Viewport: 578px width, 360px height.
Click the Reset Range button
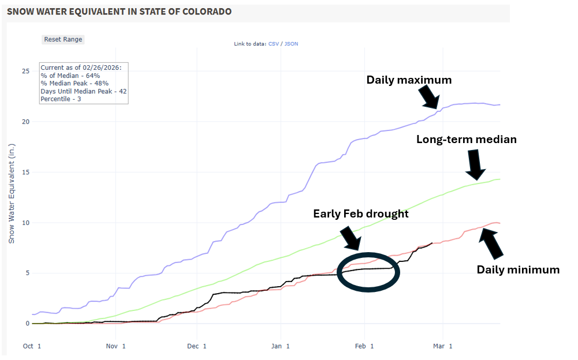[x=64, y=39]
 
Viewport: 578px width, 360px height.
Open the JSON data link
[x=291, y=44]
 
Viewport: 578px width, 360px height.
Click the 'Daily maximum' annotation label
[x=409, y=80]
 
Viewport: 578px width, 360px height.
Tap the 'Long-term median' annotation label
[x=466, y=139]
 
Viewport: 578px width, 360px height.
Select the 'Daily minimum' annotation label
[x=517, y=269]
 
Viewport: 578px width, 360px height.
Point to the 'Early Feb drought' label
[x=361, y=213]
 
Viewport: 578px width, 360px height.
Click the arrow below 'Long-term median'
[x=475, y=164]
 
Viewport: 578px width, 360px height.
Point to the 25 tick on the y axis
[x=25, y=71]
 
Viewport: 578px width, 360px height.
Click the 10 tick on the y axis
[x=25, y=223]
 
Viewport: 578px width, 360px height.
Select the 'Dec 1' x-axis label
[x=197, y=346]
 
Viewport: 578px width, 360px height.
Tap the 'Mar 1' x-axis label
[x=442, y=346]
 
